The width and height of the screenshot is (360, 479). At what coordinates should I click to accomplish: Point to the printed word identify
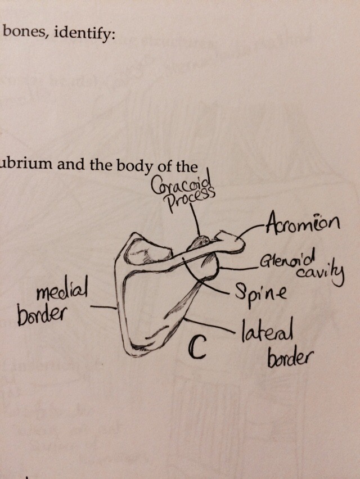[x=88, y=33]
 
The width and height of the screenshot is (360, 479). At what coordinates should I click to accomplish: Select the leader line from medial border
[x=103, y=308]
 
